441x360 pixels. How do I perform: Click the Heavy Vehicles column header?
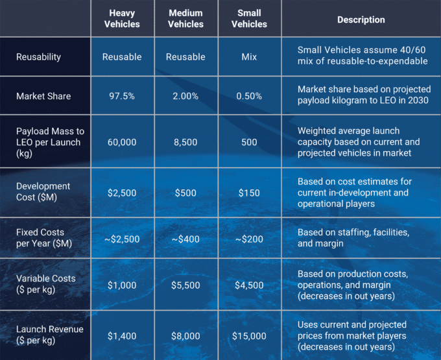[122, 19]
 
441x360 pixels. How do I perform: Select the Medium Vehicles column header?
[185, 19]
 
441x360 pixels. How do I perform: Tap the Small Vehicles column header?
[249, 19]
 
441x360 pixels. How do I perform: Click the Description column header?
[361, 19]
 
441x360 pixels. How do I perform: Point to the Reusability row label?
[39, 57]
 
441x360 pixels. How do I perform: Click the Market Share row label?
[43, 96]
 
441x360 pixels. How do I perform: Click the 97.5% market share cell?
[122, 96]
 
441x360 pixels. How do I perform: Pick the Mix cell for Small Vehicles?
[249, 57]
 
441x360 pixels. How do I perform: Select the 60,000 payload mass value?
[122, 142]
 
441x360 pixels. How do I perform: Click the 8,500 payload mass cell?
[185, 142]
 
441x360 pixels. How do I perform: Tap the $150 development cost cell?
[249, 193]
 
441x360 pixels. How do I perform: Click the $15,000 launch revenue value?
[249, 335]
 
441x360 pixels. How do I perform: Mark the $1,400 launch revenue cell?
[122, 335]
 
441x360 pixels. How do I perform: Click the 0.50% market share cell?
[249, 96]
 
